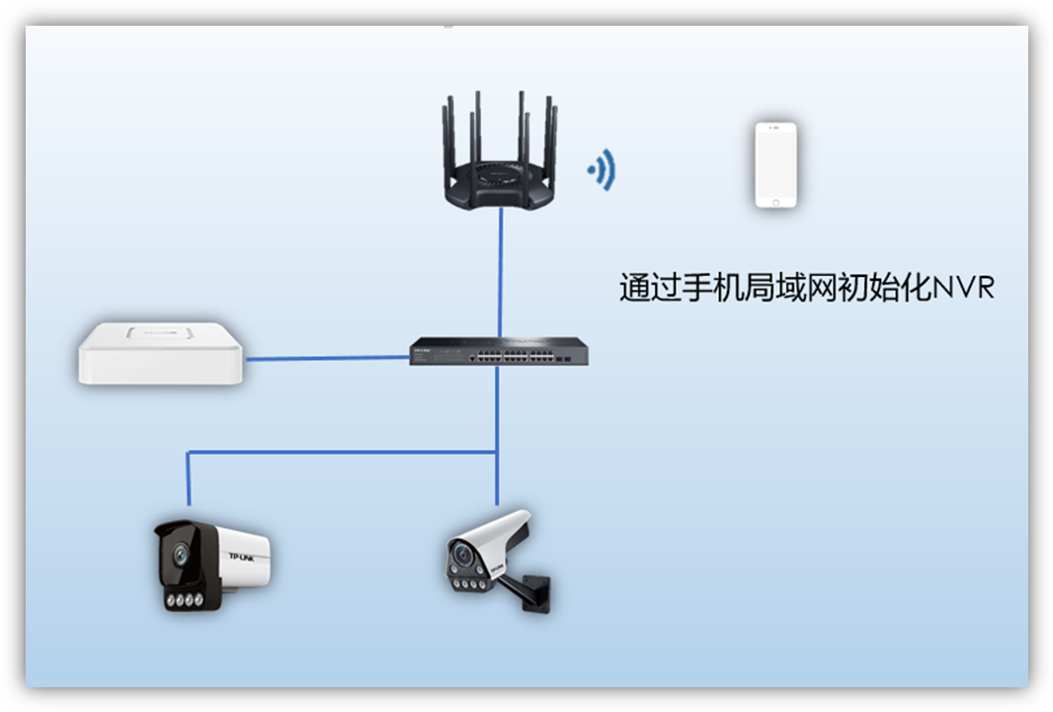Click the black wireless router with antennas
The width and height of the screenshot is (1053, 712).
pyautogui.click(x=499, y=178)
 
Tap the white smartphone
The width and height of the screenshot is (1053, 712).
pyautogui.click(x=775, y=164)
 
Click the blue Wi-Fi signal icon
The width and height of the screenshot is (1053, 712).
pyautogui.click(x=602, y=171)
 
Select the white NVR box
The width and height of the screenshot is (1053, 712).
pyautogui.click(x=160, y=352)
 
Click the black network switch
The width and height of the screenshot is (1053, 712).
pyautogui.click(x=499, y=352)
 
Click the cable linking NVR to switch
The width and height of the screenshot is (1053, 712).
pyautogui.click(x=326, y=358)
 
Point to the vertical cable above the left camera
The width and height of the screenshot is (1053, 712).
pyautogui.click(x=188, y=479)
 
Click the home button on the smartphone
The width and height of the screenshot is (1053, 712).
pyautogui.click(x=775, y=201)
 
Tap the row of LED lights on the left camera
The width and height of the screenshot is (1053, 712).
pyautogui.click(x=184, y=598)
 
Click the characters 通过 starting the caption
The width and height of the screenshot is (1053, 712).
pyautogui.click(x=649, y=288)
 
